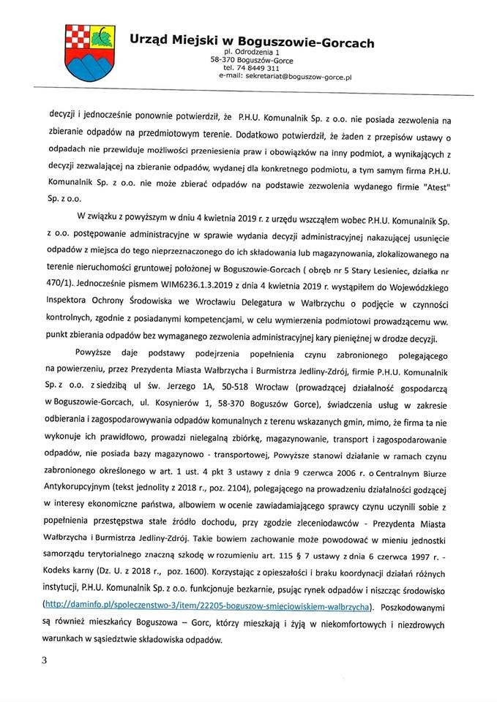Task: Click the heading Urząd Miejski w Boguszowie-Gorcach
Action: pyautogui.click(x=252, y=43)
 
